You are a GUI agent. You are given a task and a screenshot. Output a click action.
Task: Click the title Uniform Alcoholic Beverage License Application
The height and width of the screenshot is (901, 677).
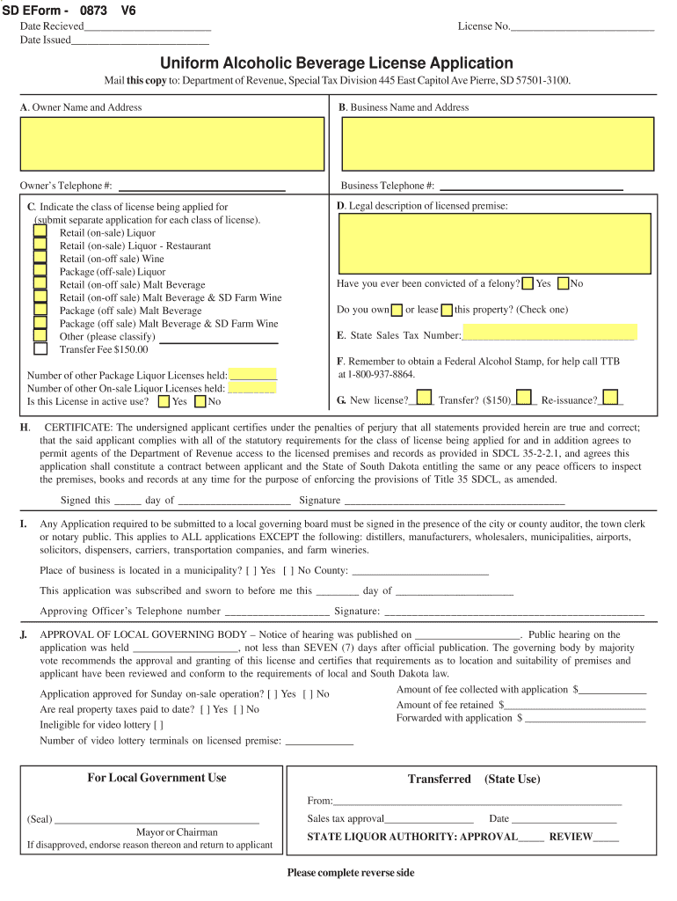tap(336, 63)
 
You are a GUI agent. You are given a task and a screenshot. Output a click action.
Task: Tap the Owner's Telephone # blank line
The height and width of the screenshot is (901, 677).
tap(201, 186)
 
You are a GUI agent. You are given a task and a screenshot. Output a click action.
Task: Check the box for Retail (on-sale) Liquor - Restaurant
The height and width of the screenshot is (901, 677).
tap(40, 245)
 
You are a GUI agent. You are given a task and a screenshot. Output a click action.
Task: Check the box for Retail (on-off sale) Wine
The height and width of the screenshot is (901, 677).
tap(40, 259)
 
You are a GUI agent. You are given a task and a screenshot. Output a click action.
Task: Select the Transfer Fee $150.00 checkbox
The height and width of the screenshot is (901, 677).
tap(40, 349)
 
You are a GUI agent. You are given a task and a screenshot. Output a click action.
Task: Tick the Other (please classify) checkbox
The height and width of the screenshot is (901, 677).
tap(40, 335)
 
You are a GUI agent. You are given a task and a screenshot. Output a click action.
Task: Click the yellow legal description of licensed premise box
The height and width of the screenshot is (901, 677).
tap(494, 244)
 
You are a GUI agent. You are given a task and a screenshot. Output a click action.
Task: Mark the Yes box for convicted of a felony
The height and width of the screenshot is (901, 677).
tap(528, 283)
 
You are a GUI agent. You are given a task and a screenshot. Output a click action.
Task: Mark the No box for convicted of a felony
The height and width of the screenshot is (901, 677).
tap(564, 283)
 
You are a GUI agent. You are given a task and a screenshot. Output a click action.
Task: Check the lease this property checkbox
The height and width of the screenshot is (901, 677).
tap(447, 310)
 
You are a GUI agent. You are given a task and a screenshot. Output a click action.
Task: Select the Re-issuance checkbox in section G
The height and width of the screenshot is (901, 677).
tap(609, 397)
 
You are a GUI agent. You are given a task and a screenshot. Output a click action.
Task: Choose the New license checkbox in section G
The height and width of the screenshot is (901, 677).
tap(424, 397)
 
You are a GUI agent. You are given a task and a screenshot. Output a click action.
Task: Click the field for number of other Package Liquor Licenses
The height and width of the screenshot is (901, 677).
tap(252, 375)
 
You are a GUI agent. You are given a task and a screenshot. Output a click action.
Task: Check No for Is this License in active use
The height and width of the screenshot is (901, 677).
tap(200, 402)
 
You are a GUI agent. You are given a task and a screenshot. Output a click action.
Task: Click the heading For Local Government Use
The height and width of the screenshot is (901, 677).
tap(157, 778)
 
